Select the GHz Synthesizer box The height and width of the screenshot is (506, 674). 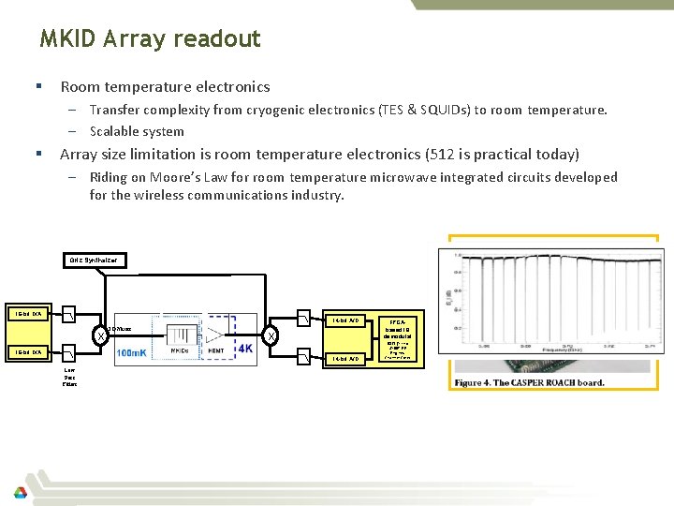click(96, 260)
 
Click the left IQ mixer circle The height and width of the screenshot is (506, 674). click(99, 336)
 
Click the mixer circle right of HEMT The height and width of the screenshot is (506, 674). click(271, 336)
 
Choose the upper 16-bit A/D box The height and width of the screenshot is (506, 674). click(344, 320)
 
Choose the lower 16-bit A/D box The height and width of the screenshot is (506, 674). click(344, 358)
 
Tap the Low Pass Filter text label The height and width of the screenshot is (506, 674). click(69, 377)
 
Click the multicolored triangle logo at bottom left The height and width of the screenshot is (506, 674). click(20, 491)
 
